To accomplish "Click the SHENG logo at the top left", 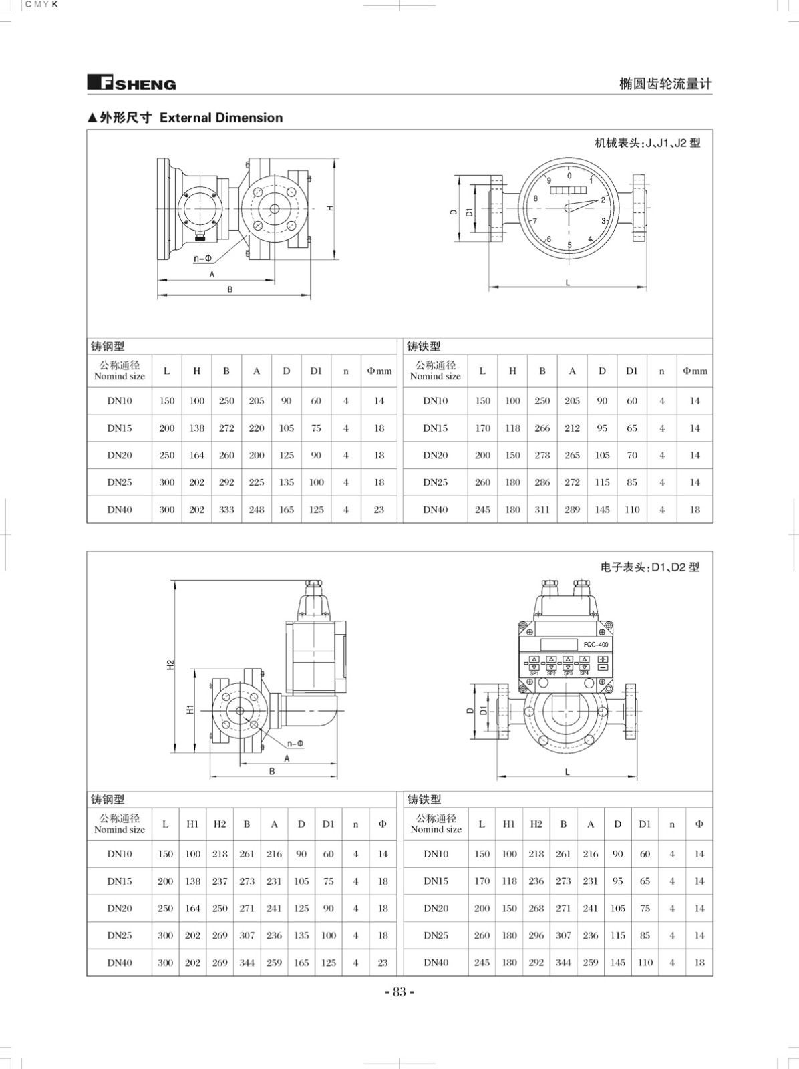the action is click(132, 83).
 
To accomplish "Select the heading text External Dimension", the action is click(221, 118).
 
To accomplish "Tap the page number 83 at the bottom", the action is click(400, 991).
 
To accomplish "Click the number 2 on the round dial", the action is click(603, 200).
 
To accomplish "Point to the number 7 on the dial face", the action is click(535, 221).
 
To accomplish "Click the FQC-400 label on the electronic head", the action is click(596, 644).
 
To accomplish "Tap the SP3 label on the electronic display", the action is click(568, 673).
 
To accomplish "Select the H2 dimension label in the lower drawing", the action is click(170, 665).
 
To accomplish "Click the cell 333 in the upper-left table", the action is click(226, 510).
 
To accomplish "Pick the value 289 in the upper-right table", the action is click(572, 510).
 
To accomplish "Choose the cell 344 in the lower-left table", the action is click(247, 963).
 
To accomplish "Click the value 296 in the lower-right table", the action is click(536, 935).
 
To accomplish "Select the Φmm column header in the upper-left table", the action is click(379, 371).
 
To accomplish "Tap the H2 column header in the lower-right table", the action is click(536, 824).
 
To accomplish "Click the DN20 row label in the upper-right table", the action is click(436, 456).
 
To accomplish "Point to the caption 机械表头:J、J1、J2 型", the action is click(647, 143).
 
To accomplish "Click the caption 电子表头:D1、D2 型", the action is click(650, 567).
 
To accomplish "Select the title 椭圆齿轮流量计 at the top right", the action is click(665, 84).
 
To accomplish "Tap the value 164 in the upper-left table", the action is click(196, 456).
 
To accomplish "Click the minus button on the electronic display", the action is click(603, 667).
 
